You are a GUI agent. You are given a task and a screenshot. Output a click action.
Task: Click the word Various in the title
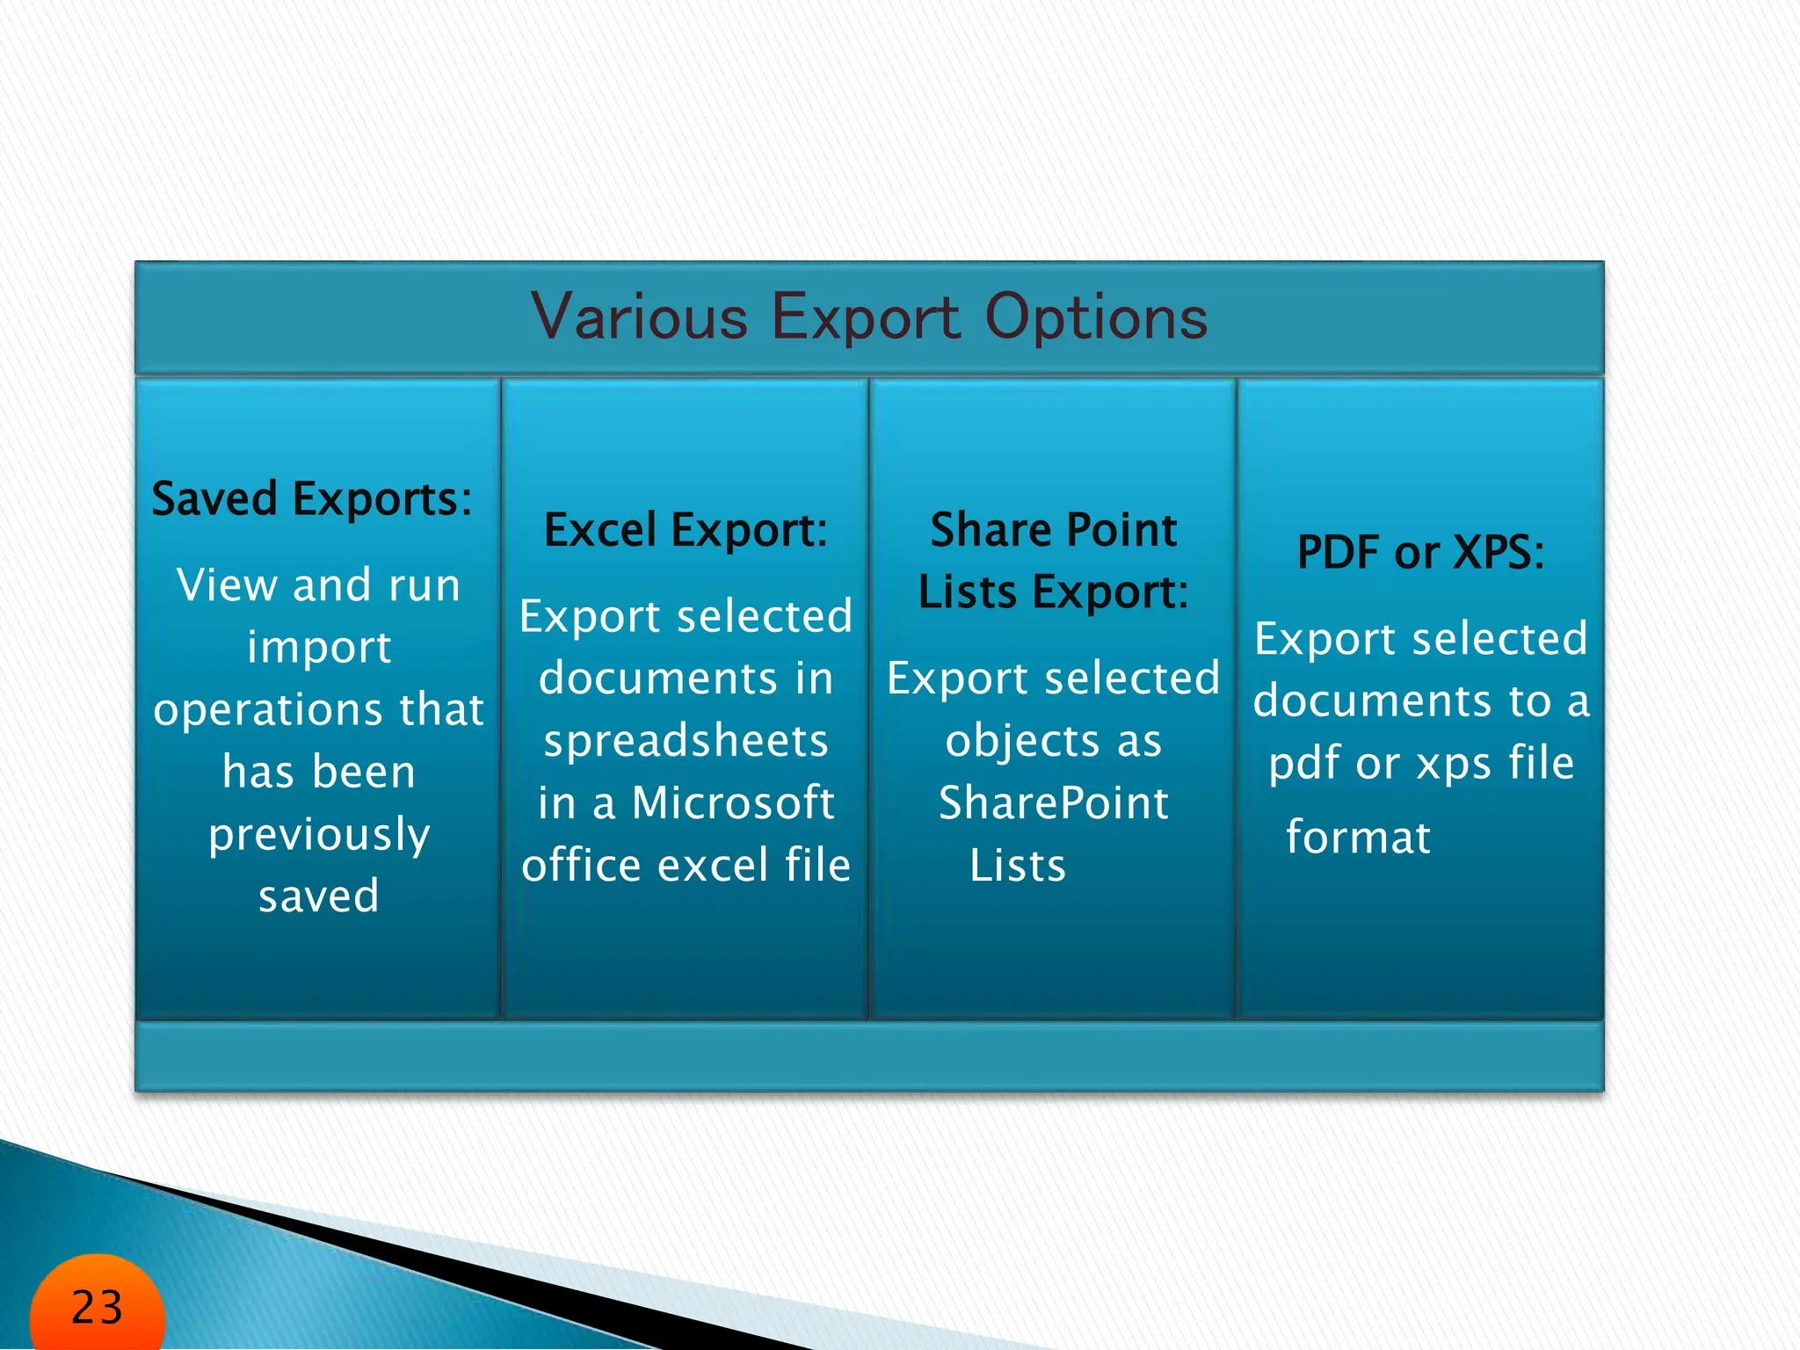click(639, 317)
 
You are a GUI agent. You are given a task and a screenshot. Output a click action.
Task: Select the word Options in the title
click(1096, 317)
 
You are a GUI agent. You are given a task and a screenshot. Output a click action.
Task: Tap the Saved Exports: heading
click(312, 499)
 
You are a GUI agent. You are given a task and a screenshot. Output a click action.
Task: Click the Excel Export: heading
click(686, 530)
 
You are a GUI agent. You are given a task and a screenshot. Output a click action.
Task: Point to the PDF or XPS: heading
click(1421, 553)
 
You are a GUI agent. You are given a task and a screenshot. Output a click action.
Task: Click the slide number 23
click(97, 1307)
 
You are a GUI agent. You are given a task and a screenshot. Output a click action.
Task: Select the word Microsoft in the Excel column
click(733, 802)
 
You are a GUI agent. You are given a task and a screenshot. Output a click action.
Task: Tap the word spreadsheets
click(686, 740)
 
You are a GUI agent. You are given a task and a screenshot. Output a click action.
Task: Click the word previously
click(319, 834)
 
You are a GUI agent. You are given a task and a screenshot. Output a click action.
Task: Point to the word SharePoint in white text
click(1054, 802)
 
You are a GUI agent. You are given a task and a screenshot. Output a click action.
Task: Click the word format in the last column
click(1358, 837)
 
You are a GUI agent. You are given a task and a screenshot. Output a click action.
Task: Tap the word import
click(319, 647)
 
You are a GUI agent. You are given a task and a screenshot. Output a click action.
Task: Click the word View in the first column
click(227, 584)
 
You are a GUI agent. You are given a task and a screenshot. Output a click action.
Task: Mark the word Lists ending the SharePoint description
click(1018, 865)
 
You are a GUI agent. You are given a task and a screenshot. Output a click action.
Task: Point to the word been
click(362, 772)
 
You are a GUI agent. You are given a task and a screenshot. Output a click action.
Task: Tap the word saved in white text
click(319, 896)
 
